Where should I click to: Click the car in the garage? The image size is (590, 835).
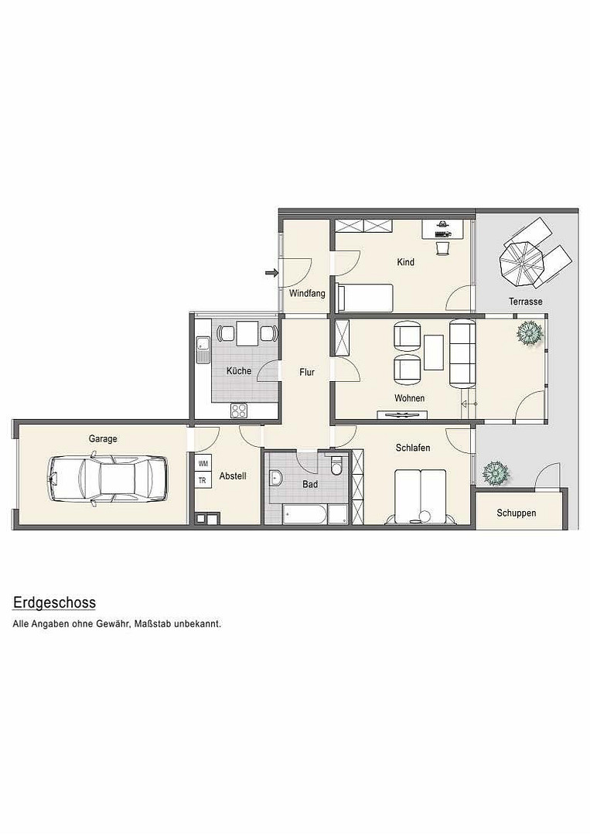point(107,479)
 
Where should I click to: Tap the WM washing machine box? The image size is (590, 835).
point(203,464)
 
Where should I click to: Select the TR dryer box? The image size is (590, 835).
point(203,480)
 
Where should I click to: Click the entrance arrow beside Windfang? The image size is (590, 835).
point(272,273)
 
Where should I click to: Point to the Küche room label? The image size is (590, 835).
point(239,370)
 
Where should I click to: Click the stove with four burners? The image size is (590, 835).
point(239,410)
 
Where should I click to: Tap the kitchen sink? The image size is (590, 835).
point(203,349)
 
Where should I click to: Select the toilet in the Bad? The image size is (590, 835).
point(336,465)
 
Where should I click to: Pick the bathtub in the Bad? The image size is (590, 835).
point(305,513)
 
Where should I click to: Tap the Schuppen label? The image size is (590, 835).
point(516,513)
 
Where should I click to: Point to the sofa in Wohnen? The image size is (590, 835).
point(462,353)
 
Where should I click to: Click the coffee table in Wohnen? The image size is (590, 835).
point(434,352)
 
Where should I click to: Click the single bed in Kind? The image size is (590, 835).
point(366,298)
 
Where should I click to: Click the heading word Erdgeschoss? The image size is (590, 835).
point(54,602)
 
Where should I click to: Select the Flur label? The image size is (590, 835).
point(307,372)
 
